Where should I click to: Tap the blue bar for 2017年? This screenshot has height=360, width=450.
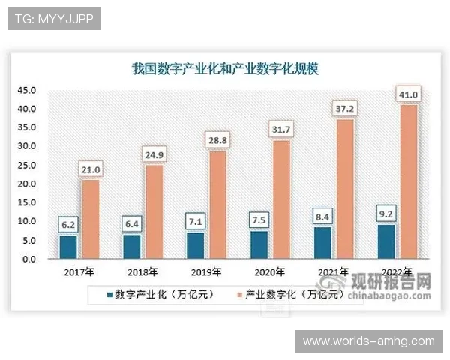[68, 247]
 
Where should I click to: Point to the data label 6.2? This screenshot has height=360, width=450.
[68, 223]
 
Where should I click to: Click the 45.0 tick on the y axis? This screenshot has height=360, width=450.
[28, 90]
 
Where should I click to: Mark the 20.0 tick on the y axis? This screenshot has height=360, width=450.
[28, 184]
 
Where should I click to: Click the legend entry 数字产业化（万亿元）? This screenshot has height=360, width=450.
[160, 295]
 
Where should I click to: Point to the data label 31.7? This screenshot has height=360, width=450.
[280, 129]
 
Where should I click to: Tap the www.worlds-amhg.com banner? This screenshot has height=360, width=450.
[368, 341]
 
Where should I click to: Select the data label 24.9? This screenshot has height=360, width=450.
[153, 154]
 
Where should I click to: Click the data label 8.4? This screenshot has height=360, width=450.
[322, 217]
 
